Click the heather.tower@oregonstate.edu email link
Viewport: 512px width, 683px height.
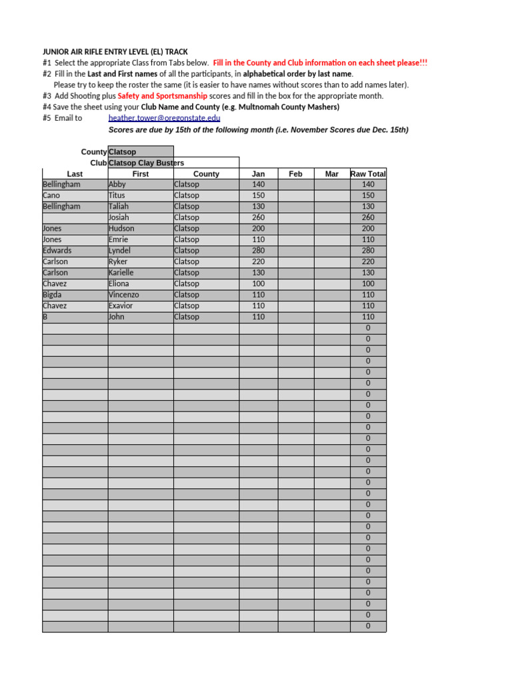pos(164,118)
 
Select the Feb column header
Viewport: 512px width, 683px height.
pos(295,174)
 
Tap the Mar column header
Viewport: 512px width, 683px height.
pos(331,174)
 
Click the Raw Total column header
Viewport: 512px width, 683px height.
pos(368,174)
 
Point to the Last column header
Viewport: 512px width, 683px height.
pos(75,174)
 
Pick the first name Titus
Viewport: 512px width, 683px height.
pos(117,195)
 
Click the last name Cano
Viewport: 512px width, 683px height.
pos(51,195)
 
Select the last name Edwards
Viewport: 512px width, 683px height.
pos(57,251)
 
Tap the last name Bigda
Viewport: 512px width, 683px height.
pos(52,295)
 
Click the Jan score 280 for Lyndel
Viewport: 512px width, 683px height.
pos(259,251)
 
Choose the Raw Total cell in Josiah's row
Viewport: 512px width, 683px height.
pos(368,217)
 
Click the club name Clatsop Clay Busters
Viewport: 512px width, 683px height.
pos(146,163)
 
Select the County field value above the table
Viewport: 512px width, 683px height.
pos(122,152)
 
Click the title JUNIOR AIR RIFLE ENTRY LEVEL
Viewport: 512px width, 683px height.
pos(115,51)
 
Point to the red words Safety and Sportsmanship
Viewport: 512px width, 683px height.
pos(162,96)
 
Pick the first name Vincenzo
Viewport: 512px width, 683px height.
pos(123,295)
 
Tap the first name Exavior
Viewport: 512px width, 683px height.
pos(121,305)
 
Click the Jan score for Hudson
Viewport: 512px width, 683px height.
pos(259,229)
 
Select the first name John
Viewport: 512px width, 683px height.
pos(117,317)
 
